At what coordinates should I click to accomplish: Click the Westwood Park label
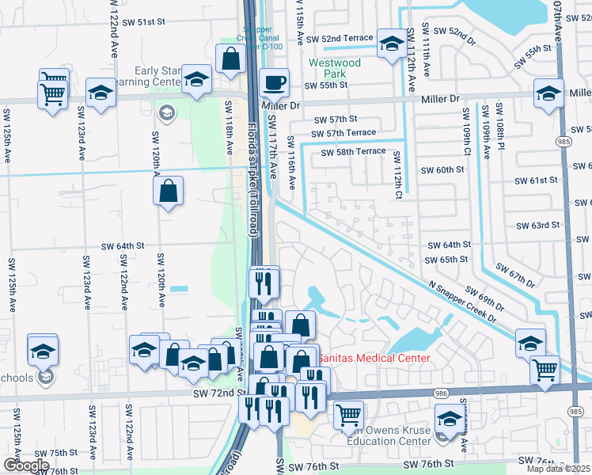click(335, 69)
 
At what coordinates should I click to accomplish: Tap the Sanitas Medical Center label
click(374, 359)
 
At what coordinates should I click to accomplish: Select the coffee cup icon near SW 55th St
click(274, 82)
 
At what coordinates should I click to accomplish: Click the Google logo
click(25, 465)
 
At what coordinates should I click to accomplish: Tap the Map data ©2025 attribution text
click(559, 469)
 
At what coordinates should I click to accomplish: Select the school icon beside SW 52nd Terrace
click(391, 44)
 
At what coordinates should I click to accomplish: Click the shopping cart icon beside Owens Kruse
click(347, 414)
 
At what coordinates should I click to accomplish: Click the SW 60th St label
click(442, 169)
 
